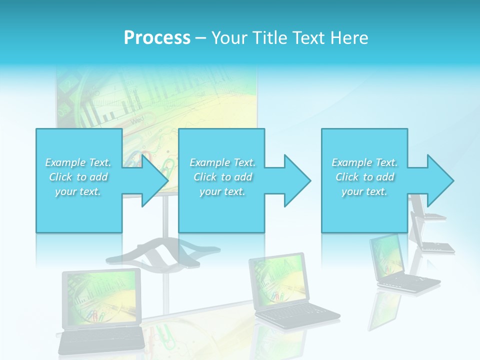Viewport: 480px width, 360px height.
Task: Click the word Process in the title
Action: click(157, 38)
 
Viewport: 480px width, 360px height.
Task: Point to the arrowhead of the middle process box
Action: click(296, 180)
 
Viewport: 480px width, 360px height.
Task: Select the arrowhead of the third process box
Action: click(439, 180)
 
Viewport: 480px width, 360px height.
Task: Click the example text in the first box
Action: click(78, 177)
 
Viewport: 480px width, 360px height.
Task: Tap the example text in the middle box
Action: click(222, 177)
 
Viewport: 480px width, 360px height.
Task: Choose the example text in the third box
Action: click(364, 177)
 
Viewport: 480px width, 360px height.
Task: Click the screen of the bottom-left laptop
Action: click(101, 296)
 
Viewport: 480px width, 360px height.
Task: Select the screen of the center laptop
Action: click(278, 278)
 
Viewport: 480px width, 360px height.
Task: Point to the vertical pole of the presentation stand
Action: click(164, 220)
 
